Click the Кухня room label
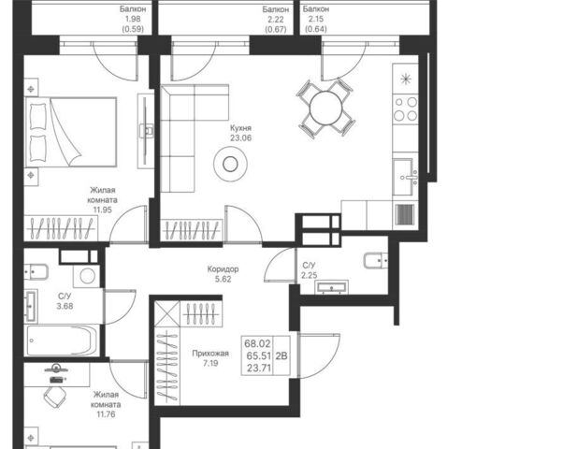(240, 128)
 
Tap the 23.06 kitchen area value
(240, 138)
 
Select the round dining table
(326, 109)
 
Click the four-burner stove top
(405, 109)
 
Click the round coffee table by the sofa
(230, 164)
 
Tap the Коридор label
(223, 268)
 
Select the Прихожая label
(210, 354)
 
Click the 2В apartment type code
(281, 356)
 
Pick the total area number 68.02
(257, 343)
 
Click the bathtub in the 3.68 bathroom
(62, 340)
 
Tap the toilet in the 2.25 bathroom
(376, 260)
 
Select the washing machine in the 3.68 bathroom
(87, 276)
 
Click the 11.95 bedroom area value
(103, 210)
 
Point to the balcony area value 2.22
(275, 20)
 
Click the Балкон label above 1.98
(133, 9)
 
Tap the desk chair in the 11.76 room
(56, 398)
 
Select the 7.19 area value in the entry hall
(210, 363)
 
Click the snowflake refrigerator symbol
(405, 79)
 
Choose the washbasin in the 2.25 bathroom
(331, 287)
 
